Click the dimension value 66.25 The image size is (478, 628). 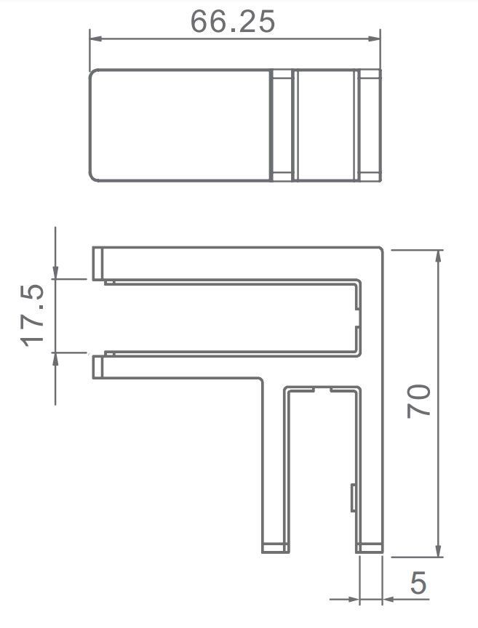tap(233, 22)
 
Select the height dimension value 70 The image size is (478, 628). tap(420, 400)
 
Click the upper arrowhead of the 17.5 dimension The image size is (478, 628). tap(56, 273)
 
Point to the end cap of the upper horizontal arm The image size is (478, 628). tap(97, 263)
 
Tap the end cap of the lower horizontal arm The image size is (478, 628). tap(97, 366)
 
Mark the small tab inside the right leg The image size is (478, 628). tap(353, 497)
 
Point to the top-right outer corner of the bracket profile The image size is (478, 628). tap(381, 248)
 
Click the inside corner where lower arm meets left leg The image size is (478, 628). tap(263, 379)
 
